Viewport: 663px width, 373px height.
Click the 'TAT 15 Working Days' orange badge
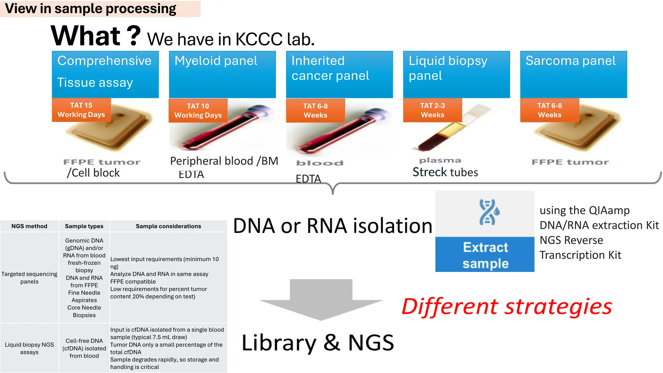pyautogui.click(x=81, y=110)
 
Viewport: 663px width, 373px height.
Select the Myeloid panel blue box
pyautogui.click(x=222, y=74)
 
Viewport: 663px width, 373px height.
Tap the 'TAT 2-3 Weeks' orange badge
pyautogui.click(x=432, y=110)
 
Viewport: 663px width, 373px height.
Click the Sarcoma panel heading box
pyautogui.click(x=573, y=74)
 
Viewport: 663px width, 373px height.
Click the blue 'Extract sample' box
pyautogui.click(x=485, y=255)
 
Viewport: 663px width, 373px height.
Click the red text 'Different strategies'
pyautogui.click(x=507, y=306)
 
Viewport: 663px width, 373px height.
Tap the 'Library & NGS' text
pyautogui.click(x=318, y=343)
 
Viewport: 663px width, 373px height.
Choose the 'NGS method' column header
pyautogui.click(x=29, y=226)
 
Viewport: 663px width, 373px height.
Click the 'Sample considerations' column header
pyautogui.click(x=168, y=226)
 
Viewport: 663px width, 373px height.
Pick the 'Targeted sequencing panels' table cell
pyautogui.click(x=29, y=278)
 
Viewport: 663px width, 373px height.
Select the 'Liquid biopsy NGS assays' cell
pyautogui.click(x=29, y=348)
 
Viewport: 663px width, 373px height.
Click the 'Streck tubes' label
pyautogui.click(x=445, y=172)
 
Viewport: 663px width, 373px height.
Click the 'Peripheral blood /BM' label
pyautogui.click(x=224, y=161)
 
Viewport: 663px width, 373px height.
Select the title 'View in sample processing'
pyautogui.click(x=91, y=9)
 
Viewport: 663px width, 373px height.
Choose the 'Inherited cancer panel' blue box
pyautogui.click(x=339, y=74)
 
